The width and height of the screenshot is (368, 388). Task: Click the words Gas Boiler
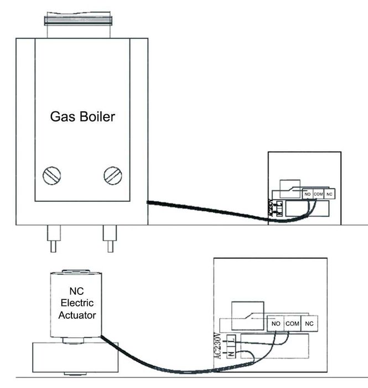[x=82, y=117]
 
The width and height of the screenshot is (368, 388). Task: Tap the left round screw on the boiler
[x=51, y=176]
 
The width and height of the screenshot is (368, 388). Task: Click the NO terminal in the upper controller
[x=308, y=194]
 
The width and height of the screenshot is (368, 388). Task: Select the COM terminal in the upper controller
[x=318, y=194]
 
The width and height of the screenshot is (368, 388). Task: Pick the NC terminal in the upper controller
[x=330, y=194]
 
